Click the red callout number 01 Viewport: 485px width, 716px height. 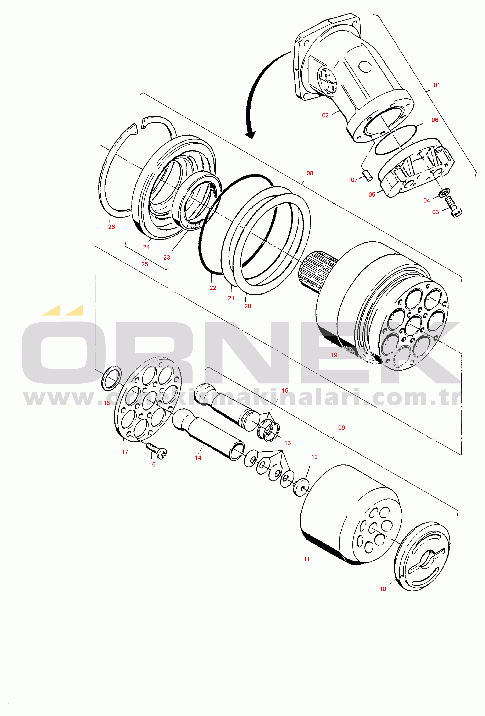coord(437,85)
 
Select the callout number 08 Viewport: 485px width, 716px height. coord(310,174)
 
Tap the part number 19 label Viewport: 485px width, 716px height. coord(334,355)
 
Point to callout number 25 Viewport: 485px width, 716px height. coord(144,264)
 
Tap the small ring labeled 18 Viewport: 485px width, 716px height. coord(111,380)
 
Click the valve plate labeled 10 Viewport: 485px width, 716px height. coord(422,556)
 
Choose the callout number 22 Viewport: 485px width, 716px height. coord(213,288)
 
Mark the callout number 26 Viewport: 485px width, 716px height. coord(111,227)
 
